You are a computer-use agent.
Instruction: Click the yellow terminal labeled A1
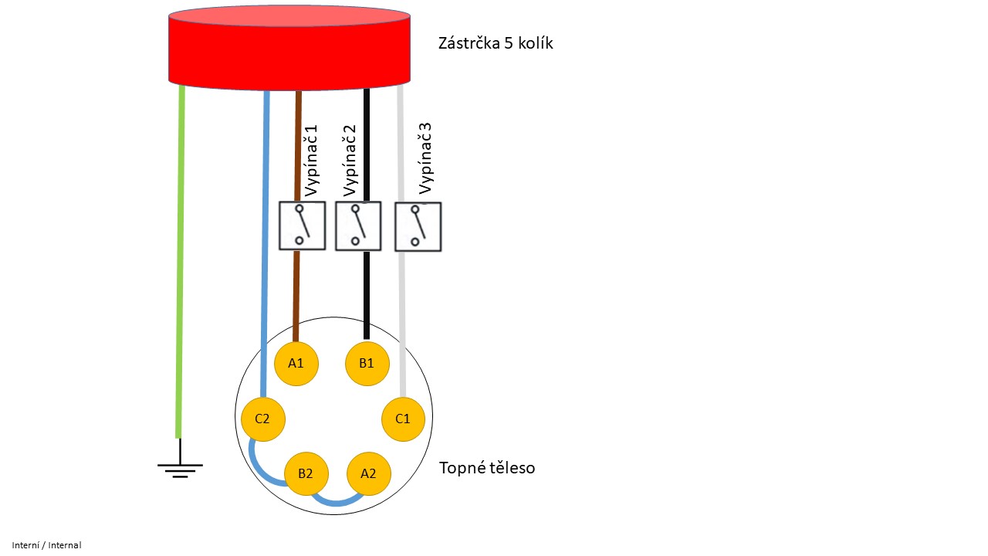(296, 362)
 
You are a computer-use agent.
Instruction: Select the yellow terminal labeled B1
(367, 362)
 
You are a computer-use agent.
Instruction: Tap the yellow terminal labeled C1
(403, 419)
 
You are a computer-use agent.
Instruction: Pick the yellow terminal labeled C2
(262, 419)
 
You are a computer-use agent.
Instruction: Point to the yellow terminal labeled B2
(306, 472)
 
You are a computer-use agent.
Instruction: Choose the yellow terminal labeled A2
(368, 473)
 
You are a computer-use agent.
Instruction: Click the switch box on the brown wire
(302, 225)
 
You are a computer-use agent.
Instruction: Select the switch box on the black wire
(359, 225)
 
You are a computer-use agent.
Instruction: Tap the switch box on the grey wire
(418, 226)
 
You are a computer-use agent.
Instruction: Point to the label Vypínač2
(350, 161)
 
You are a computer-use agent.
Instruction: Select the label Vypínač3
(424, 158)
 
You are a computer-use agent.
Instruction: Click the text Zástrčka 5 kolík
(496, 43)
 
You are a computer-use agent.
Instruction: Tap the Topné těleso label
(486, 468)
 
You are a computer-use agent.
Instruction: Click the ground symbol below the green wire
(180, 466)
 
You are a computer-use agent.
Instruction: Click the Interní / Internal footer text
(46, 545)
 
